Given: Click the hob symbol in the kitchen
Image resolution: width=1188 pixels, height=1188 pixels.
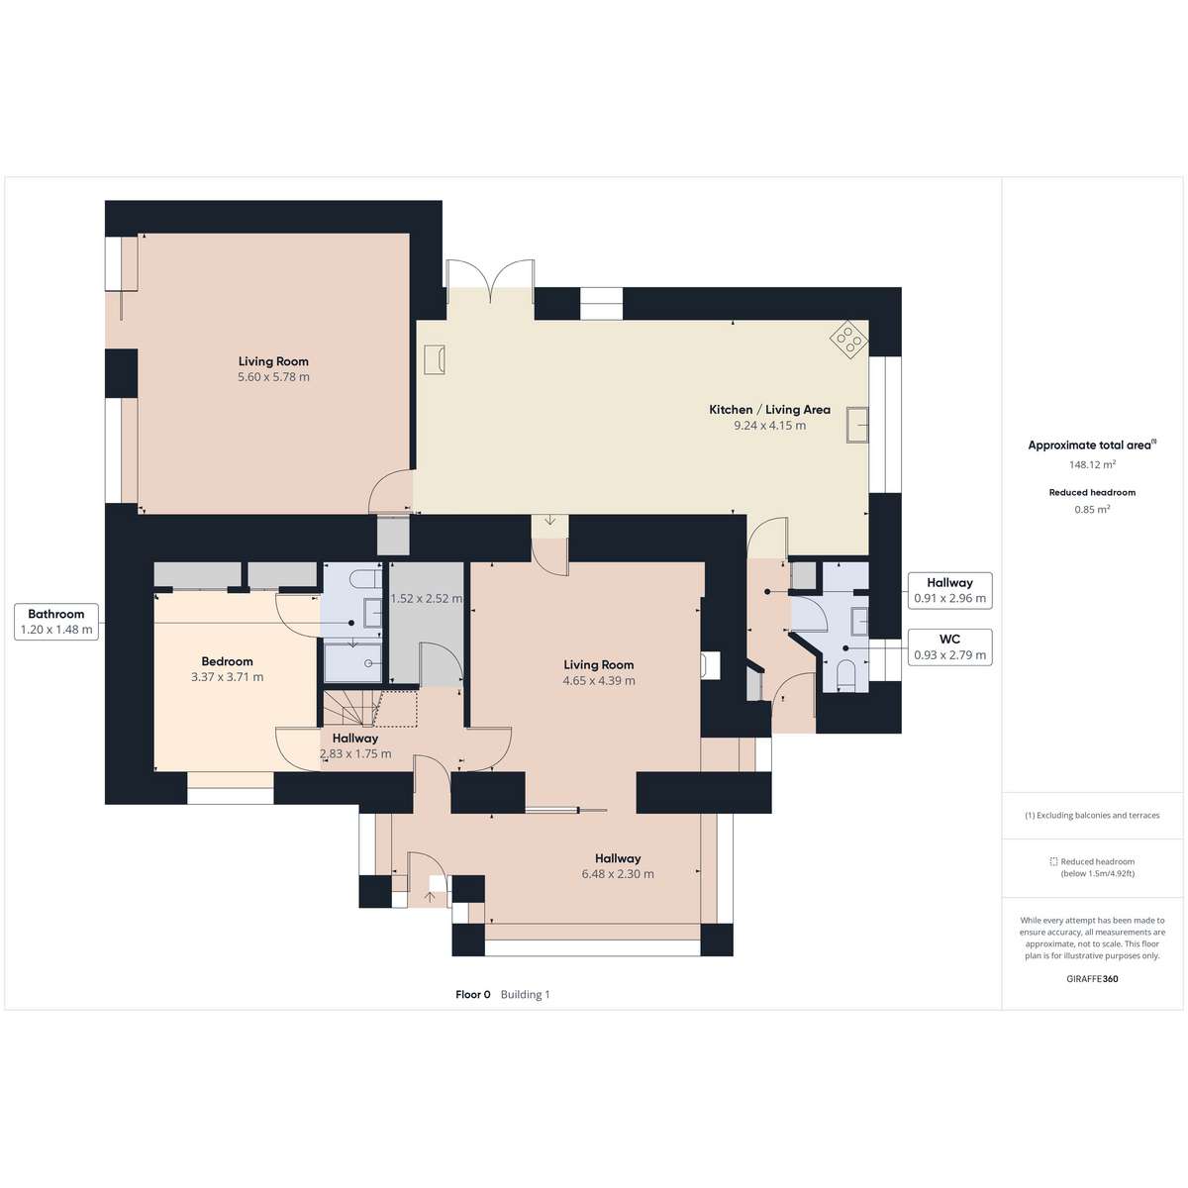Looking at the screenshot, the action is point(848,338).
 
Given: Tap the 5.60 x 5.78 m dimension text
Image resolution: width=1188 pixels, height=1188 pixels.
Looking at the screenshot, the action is point(273,376).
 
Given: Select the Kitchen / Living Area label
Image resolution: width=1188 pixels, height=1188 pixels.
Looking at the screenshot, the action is point(769,409).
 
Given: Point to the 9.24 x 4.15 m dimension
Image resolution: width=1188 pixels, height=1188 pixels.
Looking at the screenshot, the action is point(769,426).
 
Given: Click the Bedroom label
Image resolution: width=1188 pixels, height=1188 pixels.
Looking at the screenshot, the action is point(227,661).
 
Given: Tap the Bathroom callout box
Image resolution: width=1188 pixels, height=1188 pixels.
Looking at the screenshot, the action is point(56,622).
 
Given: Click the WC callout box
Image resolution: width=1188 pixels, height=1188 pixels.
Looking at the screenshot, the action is point(949,647).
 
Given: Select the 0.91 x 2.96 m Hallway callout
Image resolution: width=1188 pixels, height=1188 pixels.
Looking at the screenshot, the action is point(949,591).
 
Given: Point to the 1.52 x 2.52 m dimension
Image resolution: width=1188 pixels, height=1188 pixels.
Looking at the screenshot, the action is point(427,599).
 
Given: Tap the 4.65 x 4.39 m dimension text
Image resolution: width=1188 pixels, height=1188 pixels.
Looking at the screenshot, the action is point(599,680).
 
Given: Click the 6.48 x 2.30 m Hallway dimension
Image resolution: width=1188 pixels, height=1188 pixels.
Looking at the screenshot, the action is point(618,873).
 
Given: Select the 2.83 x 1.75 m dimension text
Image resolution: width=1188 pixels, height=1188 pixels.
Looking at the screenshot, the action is point(355,753).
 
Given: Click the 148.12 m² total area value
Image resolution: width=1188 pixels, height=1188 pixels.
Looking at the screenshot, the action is point(1092,465).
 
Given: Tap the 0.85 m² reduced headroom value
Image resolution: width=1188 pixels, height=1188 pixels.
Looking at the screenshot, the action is point(1092,509).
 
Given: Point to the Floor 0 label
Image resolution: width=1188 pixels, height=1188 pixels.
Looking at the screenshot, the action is point(473,994).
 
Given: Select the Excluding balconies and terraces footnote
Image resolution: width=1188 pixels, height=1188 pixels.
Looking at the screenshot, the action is point(1092,815).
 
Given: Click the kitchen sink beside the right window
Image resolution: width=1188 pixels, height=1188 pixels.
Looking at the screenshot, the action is point(857,424).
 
